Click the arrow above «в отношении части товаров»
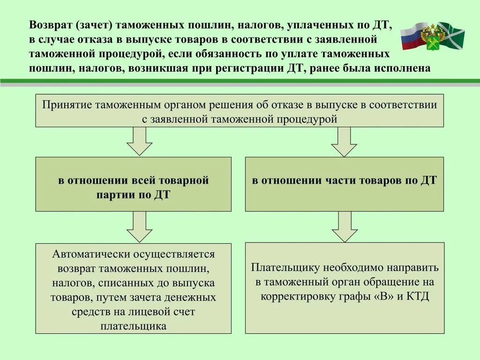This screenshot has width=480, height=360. pyautogui.click(x=344, y=141)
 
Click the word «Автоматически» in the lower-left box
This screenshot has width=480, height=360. pyautogui.click(x=91, y=254)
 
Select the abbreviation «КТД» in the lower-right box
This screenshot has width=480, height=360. pyautogui.click(x=417, y=297)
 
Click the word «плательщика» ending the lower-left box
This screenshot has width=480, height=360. pyautogui.click(x=134, y=326)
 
